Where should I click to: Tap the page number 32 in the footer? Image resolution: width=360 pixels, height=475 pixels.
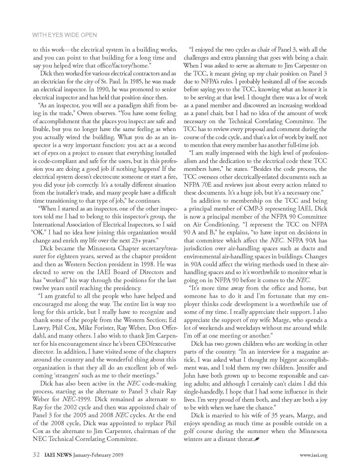click(37, 455)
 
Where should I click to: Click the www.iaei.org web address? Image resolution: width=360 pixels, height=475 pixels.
click(313, 455)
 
